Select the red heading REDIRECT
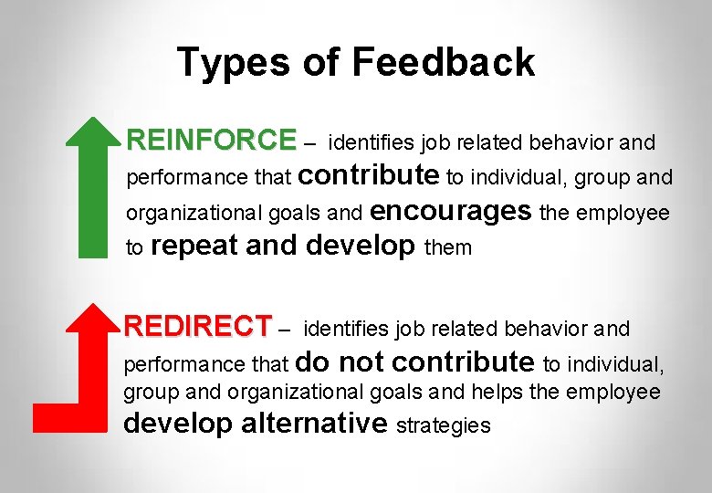(198, 326)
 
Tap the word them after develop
(448, 247)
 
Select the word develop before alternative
(177, 423)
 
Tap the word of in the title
(319, 62)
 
